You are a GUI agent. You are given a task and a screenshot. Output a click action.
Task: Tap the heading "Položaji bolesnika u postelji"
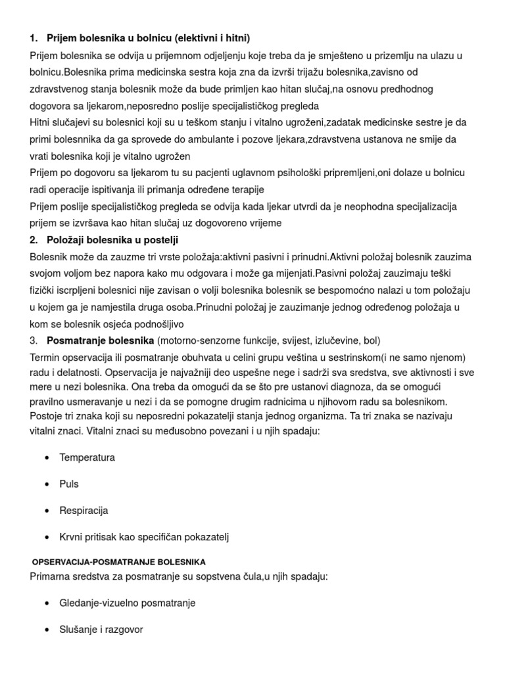coord(112,240)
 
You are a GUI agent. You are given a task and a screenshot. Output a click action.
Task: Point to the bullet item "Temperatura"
coord(87,457)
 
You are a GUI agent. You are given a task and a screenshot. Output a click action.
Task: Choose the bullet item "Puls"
coord(68,484)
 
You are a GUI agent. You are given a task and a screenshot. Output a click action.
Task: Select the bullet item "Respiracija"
coord(84,511)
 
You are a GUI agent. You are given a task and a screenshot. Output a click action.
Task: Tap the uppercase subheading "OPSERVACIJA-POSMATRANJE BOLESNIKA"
coord(119,562)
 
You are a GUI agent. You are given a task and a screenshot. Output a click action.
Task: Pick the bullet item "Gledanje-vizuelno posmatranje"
coord(127,603)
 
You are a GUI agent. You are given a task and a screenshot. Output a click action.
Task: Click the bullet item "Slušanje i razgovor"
coord(101,630)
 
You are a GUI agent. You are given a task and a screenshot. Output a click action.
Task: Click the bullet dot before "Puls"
coord(46,484)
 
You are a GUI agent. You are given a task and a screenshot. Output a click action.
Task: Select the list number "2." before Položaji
coord(34,240)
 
